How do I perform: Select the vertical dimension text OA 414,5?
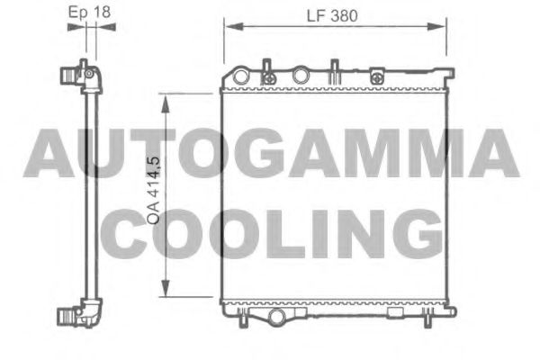pos(154,190)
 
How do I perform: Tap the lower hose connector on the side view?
pos(74,316)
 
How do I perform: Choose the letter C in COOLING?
pos(136,233)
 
